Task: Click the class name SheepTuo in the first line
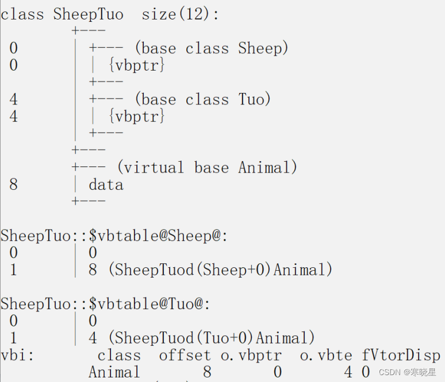(88, 14)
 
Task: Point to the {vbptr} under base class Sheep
(136, 65)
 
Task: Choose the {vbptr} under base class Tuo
(136, 116)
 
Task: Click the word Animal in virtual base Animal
(267, 167)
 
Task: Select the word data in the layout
(106, 185)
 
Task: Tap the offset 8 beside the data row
(13, 185)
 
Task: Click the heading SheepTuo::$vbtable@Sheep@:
(114, 236)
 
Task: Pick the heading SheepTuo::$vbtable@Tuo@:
(105, 303)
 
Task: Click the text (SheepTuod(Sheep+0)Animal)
(220, 270)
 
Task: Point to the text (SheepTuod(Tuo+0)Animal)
(211, 337)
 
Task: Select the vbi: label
(17, 355)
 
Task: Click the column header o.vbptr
(251, 355)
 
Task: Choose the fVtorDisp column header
(401, 355)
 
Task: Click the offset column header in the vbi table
(185, 355)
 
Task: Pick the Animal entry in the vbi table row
(114, 372)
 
